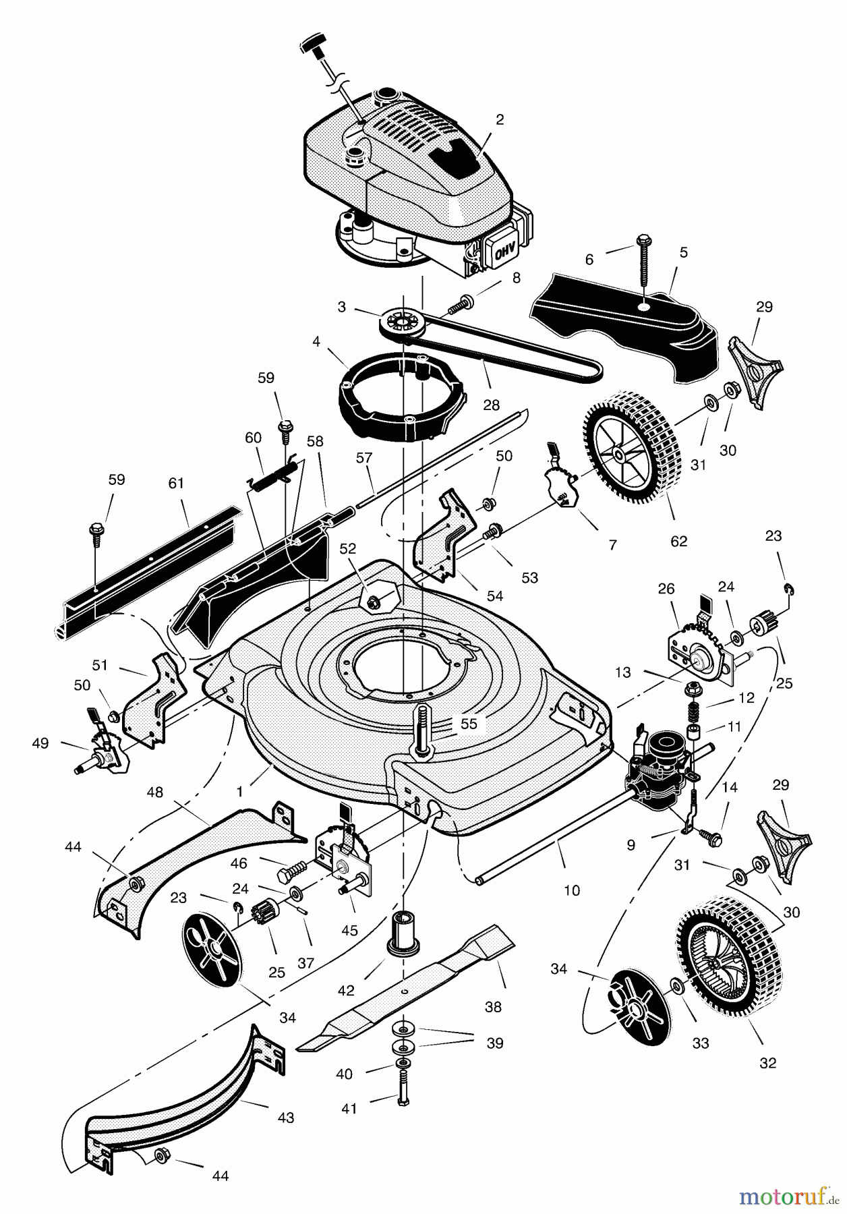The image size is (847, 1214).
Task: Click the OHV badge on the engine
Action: (504, 254)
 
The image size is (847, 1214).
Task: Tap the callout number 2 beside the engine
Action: (499, 120)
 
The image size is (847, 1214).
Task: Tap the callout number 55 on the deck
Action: (469, 724)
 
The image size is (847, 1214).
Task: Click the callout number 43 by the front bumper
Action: (286, 1118)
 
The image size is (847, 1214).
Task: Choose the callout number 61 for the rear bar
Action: (176, 484)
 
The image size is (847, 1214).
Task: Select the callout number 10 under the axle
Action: (571, 890)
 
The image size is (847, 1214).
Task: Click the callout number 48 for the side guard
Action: (154, 792)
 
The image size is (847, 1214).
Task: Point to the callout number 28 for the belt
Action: (491, 405)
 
